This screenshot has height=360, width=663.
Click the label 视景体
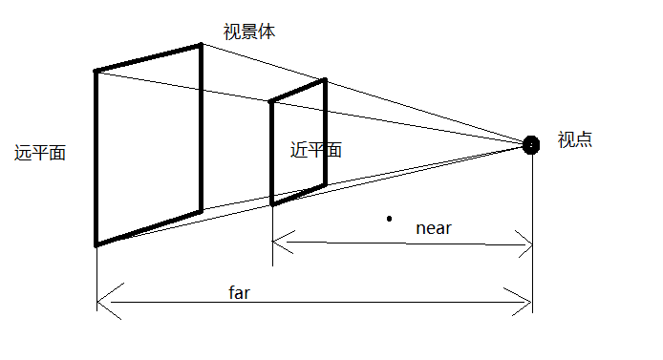pyautogui.click(x=248, y=32)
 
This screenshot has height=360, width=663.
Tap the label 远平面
pyautogui.click(x=40, y=153)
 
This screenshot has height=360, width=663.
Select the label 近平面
pyautogui.click(x=315, y=150)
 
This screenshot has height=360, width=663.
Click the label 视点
pyautogui.click(x=574, y=139)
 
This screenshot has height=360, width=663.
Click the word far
pyautogui.click(x=239, y=293)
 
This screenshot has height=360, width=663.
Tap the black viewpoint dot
pyautogui.click(x=532, y=144)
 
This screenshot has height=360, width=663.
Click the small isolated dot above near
pyautogui.click(x=389, y=219)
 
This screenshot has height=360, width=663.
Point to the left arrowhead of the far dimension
pyautogui.click(x=101, y=307)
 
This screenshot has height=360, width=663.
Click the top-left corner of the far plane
pyautogui.click(x=96, y=71)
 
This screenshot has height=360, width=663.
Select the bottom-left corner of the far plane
pyautogui.click(x=96, y=245)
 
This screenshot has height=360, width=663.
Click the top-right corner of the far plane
pyautogui.click(x=202, y=44)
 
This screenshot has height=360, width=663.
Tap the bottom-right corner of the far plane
pyautogui.click(x=202, y=211)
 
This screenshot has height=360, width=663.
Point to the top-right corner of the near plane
pyautogui.click(x=326, y=79)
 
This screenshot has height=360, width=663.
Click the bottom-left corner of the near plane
pyautogui.click(x=272, y=204)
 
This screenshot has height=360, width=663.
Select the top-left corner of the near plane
pyautogui.click(x=271, y=100)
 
